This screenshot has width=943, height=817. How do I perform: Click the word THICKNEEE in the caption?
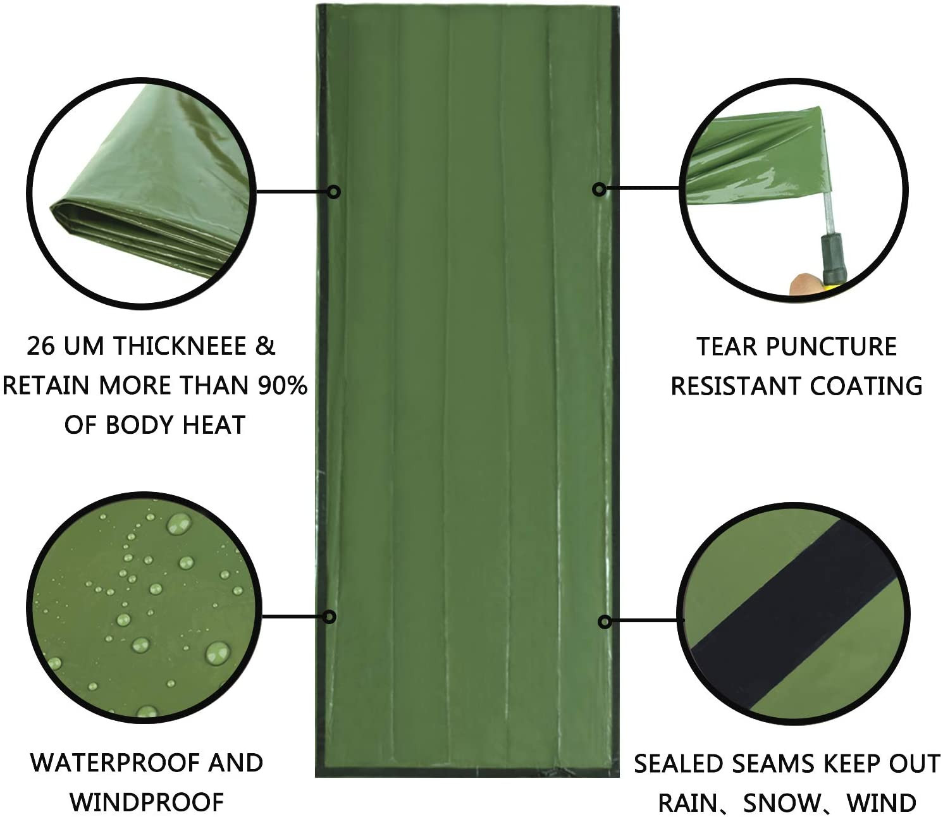coord(180,347)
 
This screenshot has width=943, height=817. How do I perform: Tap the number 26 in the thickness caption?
coord(41,347)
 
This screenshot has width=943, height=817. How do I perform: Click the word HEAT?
coord(213,425)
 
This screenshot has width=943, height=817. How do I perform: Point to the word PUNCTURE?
coord(832,347)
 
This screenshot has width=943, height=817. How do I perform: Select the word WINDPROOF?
coord(147,802)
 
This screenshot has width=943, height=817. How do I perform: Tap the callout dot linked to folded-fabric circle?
coord(334,192)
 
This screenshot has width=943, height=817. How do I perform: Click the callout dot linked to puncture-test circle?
coord(599,188)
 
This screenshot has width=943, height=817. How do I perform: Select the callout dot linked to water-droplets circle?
coord(330,617)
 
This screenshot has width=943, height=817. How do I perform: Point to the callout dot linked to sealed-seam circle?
coord(605,622)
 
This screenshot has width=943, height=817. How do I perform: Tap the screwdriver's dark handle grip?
coord(833,260)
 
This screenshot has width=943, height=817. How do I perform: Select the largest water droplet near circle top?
coord(178,524)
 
